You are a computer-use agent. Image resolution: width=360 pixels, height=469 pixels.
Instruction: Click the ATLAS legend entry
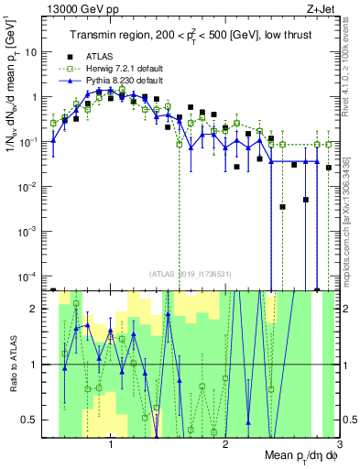coord(101,56)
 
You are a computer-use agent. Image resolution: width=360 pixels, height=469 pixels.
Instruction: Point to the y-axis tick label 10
coord(34,52)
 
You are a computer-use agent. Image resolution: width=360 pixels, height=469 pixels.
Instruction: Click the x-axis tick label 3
coord(339,446)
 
